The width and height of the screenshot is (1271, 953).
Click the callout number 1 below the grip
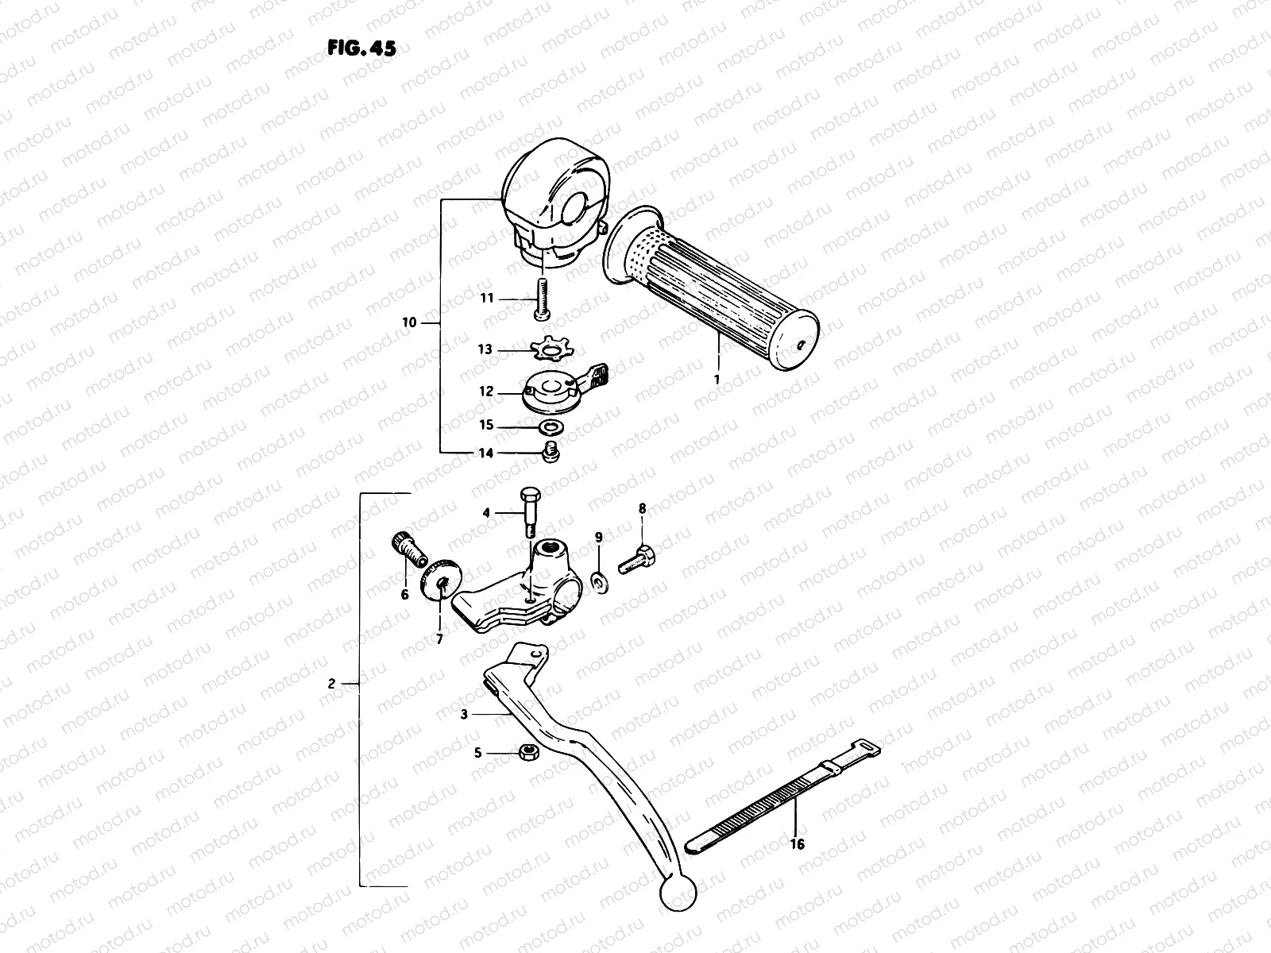[x=717, y=380]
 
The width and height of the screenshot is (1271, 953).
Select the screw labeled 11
[x=543, y=302]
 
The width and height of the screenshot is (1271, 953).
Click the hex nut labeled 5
[x=525, y=752]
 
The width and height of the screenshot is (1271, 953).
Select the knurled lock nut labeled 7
[x=442, y=584]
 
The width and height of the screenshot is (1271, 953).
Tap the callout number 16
[x=798, y=844]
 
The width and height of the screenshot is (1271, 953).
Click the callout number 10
[x=409, y=322]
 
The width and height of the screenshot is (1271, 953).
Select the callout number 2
[x=334, y=683]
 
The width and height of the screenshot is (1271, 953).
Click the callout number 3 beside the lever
[x=463, y=715]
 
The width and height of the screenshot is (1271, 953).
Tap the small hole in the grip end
[x=802, y=344]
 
